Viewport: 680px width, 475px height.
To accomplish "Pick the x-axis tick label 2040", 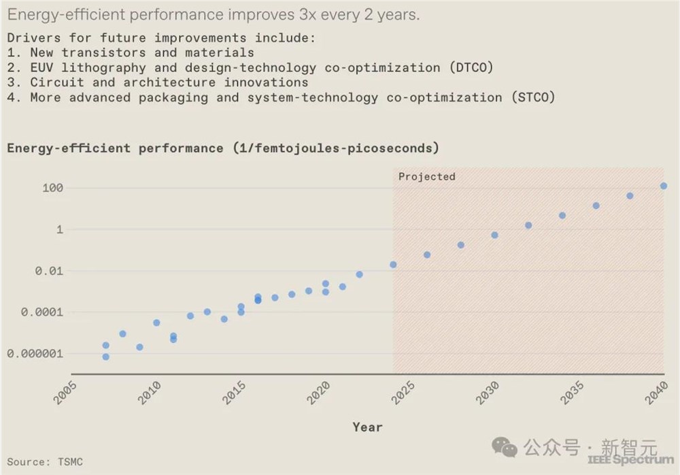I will point(656,394).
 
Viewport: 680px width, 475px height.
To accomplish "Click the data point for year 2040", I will point(664,186).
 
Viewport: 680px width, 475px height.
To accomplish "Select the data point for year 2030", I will point(494,235).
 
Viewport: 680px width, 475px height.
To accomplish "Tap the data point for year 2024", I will point(393,265).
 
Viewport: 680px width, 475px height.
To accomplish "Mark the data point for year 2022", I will point(359,274).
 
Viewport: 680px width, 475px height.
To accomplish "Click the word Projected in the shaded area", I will point(426,177).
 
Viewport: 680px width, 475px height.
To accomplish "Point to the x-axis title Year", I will point(367,427).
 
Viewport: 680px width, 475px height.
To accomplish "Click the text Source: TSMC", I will point(45,462).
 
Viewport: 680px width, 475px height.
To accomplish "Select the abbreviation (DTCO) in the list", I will point(471,67).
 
